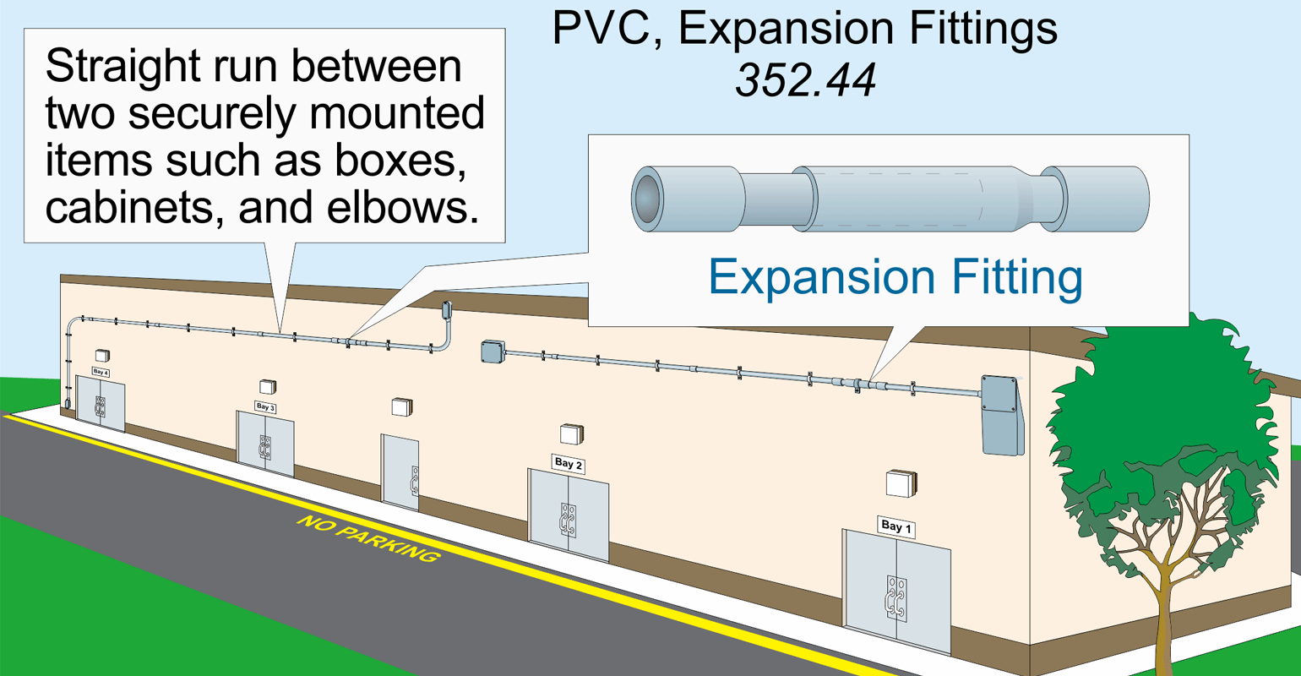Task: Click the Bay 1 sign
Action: pyautogui.click(x=895, y=526)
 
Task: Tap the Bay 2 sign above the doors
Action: pyautogui.click(x=568, y=464)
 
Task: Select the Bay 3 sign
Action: pyautogui.click(x=265, y=407)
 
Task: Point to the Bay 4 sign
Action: pyautogui.click(x=101, y=372)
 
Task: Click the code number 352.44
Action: pyautogui.click(x=805, y=80)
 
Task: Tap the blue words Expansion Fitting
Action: pyautogui.click(x=895, y=276)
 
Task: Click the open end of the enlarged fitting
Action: pyautogui.click(x=648, y=199)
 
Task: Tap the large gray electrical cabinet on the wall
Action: pyautogui.click(x=1001, y=415)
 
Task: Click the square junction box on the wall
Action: pyautogui.click(x=492, y=351)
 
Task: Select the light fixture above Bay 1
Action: pyautogui.click(x=901, y=483)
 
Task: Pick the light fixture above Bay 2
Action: pyautogui.click(x=572, y=433)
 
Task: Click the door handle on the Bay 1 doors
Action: pyautogui.click(x=896, y=598)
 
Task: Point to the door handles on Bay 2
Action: pyautogui.click(x=569, y=521)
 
